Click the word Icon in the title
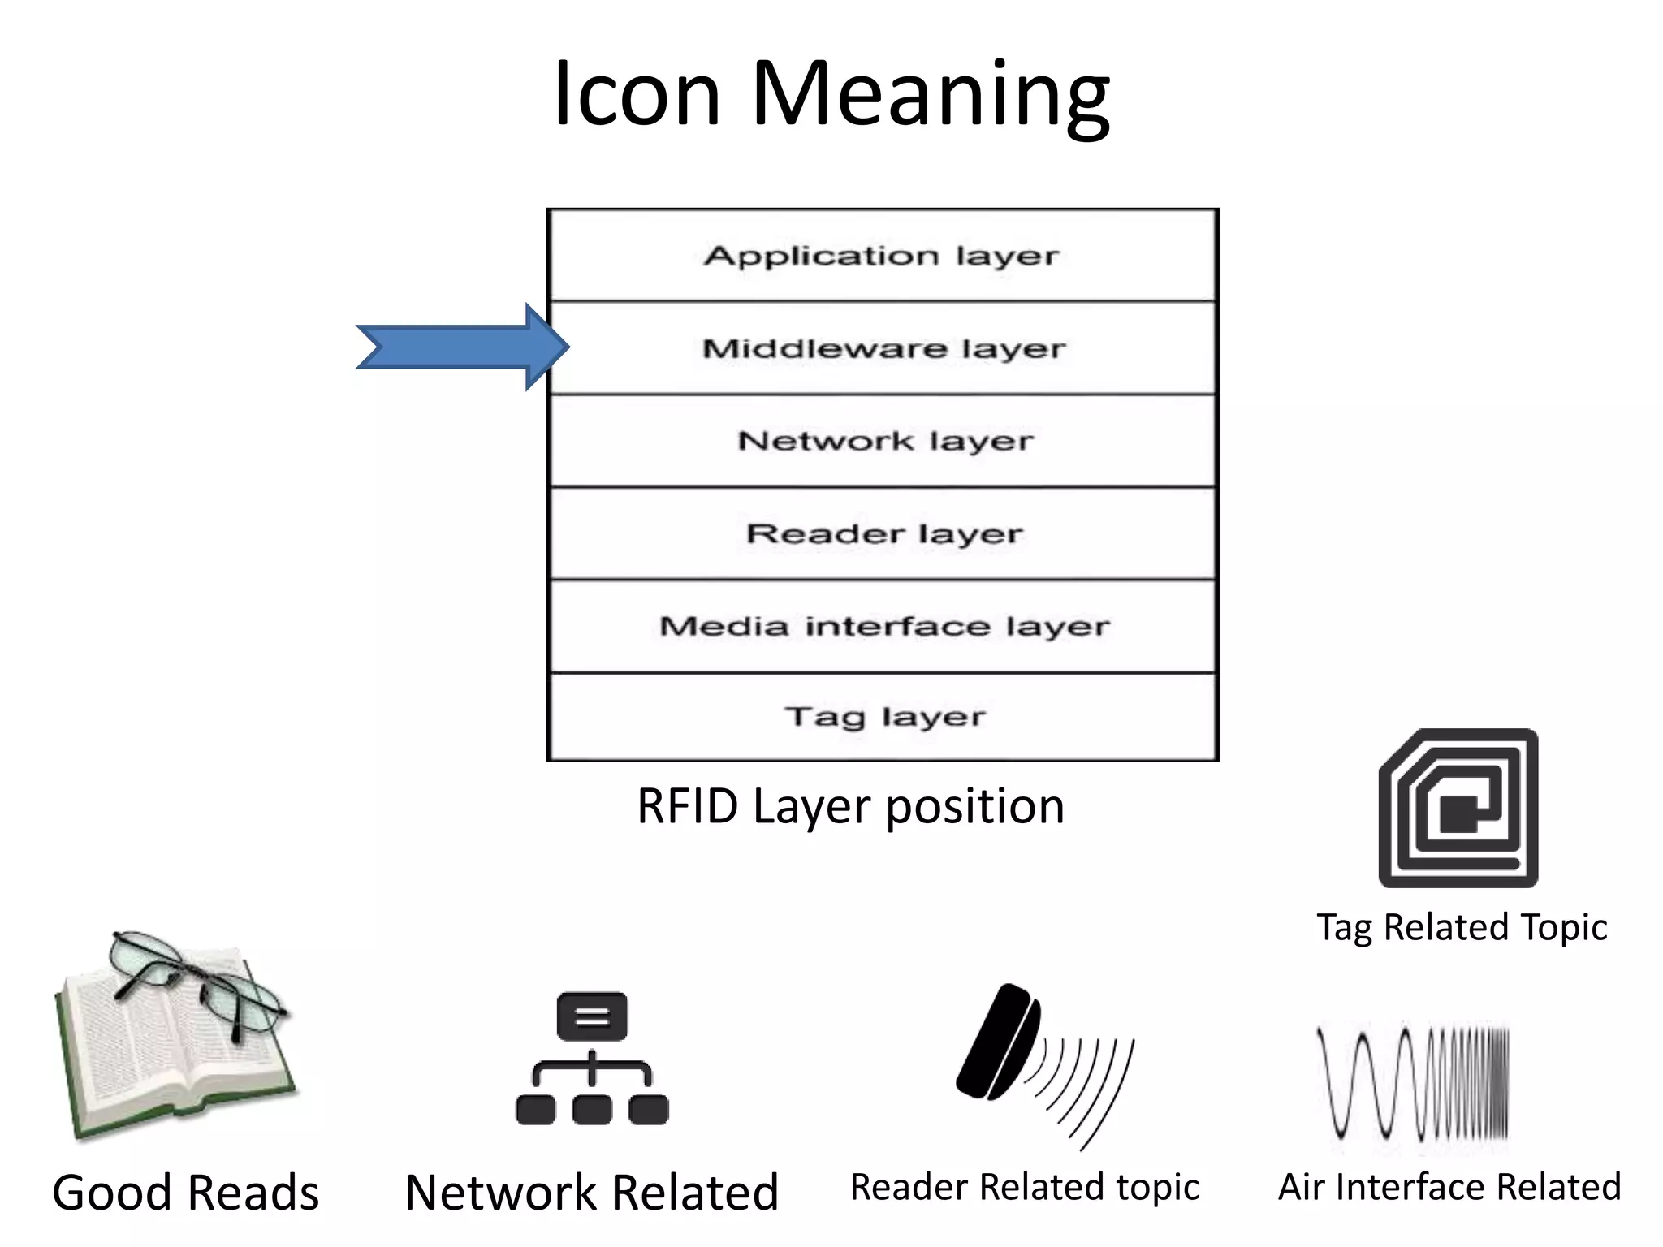coord(637,94)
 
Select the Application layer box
coord(882,257)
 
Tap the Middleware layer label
coord(883,349)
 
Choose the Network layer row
coord(883,442)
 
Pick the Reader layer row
coord(883,534)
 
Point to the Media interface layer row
coord(883,627)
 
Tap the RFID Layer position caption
coord(849,807)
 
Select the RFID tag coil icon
coord(1458,809)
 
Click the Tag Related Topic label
coord(1462,927)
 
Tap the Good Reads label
coord(185,1193)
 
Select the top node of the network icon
coord(592,1016)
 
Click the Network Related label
coord(591,1193)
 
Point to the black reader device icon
coord(999,1042)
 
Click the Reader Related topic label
coord(1025,1188)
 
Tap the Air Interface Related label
coord(1449,1188)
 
